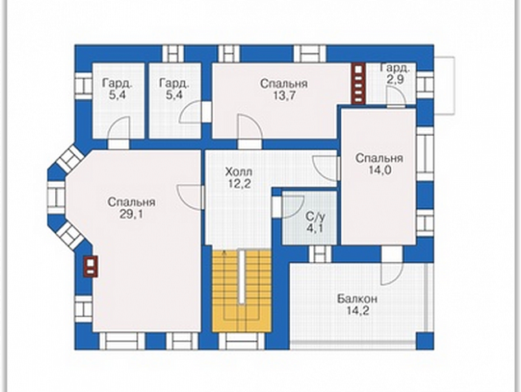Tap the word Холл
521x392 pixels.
pyautogui.click(x=238, y=172)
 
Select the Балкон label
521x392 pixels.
pyautogui.click(x=357, y=299)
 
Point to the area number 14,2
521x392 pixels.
pyautogui.click(x=357, y=311)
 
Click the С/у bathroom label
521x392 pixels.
pyautogui.click(x=316, y=217)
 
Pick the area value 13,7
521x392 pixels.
pyautogui.click(x=284, y=96)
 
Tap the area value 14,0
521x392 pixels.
pyautogui.click(x=379, y=170)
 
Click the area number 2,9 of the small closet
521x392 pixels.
pyautogui.click(x=394, y=80)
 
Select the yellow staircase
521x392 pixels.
pyautogui.click(x=242, y=291)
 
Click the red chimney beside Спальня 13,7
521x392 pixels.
pyautogui.click(x=358, y=83)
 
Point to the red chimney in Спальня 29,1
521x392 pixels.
pyautogui.click(x=90, y=267)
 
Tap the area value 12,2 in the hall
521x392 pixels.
pyautogui.click(x=238, y=184)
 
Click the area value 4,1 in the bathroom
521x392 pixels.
pyautogui.click(x=315, y=229)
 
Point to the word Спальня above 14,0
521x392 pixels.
pyautogui.click(x=379, y=158)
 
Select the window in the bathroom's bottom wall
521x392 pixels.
pyautogui.click(x=320, y=254)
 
